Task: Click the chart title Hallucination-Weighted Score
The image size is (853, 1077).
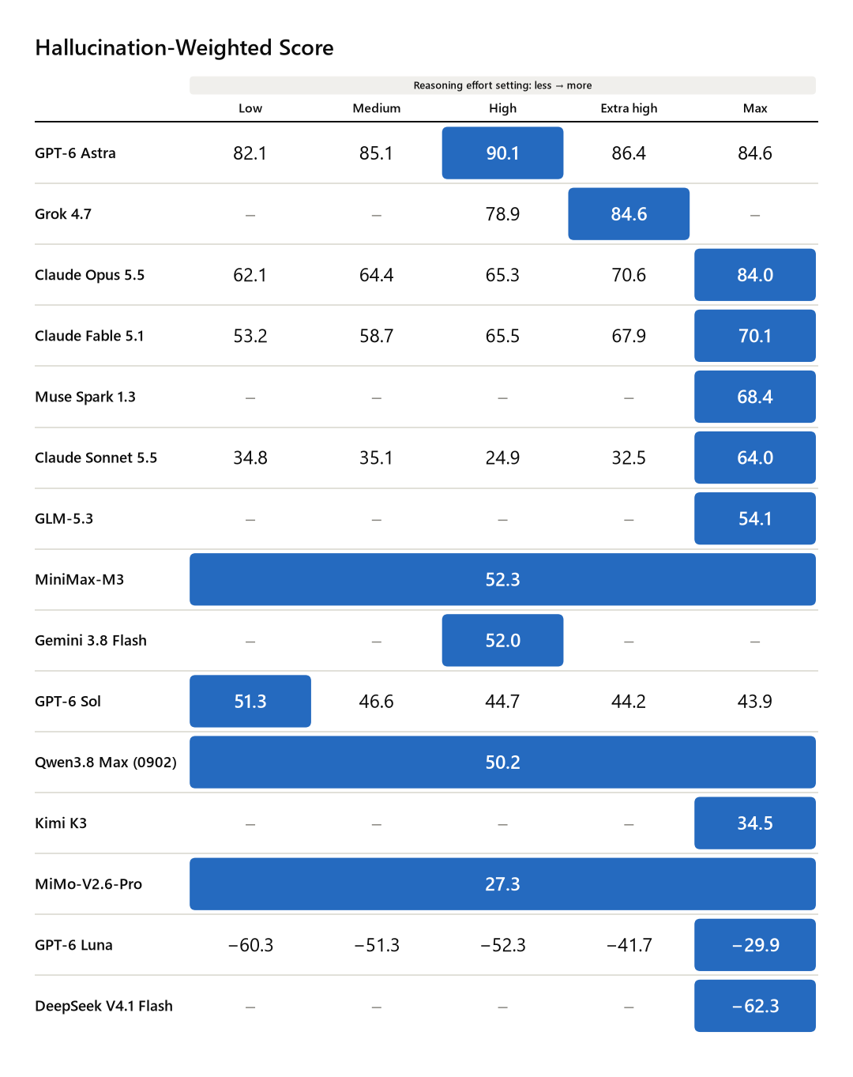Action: click(x=184, y=48)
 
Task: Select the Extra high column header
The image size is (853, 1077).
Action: click(x=629, y=108)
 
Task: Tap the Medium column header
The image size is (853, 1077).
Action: click(x=376, y=108)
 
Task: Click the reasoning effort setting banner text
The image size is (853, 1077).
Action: click(x=502, y=85)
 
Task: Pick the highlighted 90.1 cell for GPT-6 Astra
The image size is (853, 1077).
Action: click(x=502, y=153)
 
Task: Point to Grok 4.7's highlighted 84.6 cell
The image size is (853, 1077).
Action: click(x=629, y=213)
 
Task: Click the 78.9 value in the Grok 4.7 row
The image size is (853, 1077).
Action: click(x=502, y=214)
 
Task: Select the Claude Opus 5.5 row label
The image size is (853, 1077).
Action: click(x=89, y=275)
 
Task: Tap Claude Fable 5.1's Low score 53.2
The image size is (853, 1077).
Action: click(x=250, y=336)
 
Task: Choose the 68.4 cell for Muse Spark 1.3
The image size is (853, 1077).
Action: click(x=755, y=397)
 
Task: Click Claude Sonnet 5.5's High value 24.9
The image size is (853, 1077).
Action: click(x=502, y=458)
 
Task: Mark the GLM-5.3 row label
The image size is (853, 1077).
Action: click(x=64, y=518)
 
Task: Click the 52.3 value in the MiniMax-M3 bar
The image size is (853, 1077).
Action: click(x=502, y=579)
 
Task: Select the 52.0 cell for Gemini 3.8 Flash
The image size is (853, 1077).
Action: click(x=502, y=640)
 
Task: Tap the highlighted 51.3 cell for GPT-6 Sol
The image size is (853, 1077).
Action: click(x=250, y=701)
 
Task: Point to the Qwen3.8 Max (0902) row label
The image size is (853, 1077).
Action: click(x=106, y=763)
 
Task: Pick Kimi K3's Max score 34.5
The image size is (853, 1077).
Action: click(x=755, y=823)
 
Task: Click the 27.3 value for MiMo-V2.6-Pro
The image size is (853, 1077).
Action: click(x=502, y=884)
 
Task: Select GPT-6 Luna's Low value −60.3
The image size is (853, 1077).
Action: click(x=250, y=945)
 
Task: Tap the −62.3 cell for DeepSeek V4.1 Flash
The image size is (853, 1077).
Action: click(x=755, y=1006)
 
